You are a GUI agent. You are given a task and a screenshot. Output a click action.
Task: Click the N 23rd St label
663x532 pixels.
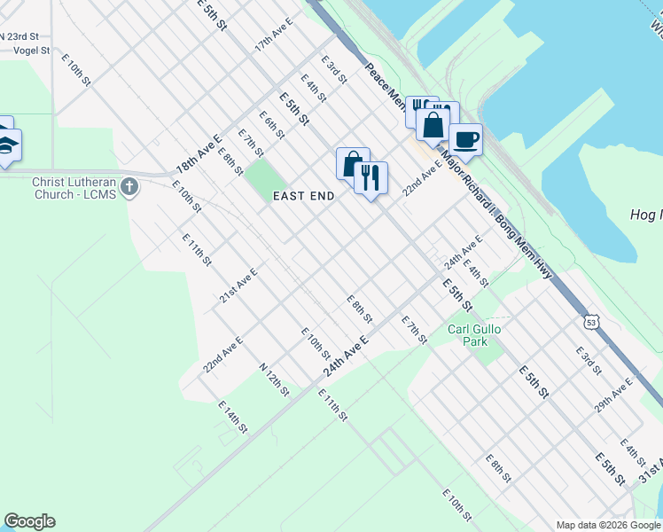tap(19, 36)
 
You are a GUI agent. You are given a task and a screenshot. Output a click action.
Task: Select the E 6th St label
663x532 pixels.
tap(271, 125)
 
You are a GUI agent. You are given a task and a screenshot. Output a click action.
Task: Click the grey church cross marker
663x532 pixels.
tap(130, 186)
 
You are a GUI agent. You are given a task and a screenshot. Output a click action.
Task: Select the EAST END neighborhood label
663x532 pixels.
tap(303, 197)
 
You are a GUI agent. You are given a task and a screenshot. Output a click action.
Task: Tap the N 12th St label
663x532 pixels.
tap(275, 379)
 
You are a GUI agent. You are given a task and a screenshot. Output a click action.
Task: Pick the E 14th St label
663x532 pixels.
tap(232, 416)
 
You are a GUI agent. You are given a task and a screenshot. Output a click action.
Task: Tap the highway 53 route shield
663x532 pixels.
tap(591, 321)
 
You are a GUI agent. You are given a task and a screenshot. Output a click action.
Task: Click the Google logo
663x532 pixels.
tap(29, 521)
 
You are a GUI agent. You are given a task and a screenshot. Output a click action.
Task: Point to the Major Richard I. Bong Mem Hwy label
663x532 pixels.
tap(496, 216)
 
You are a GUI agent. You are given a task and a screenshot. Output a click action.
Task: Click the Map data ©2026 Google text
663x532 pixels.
tap(608, 525)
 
